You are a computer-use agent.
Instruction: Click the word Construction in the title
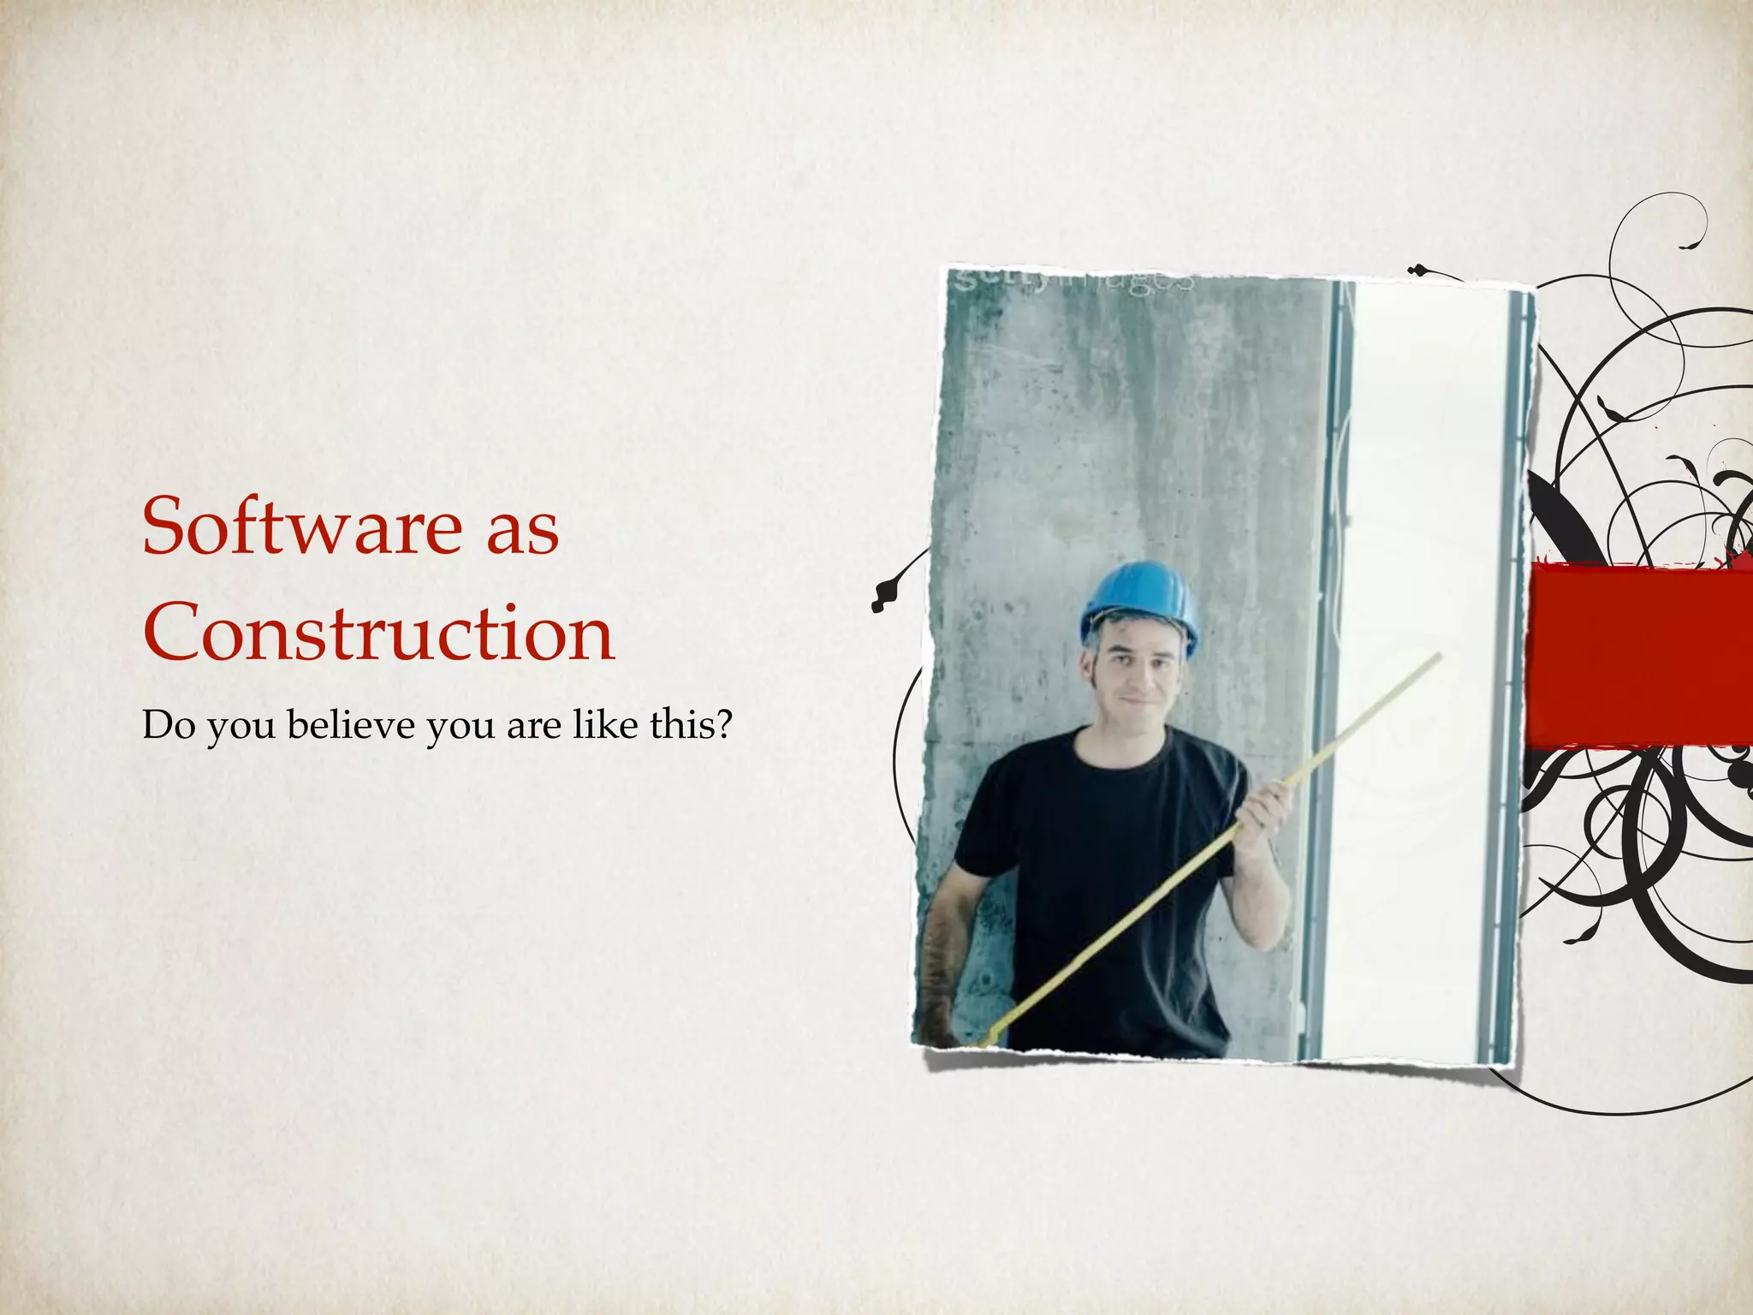pos(379,633)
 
